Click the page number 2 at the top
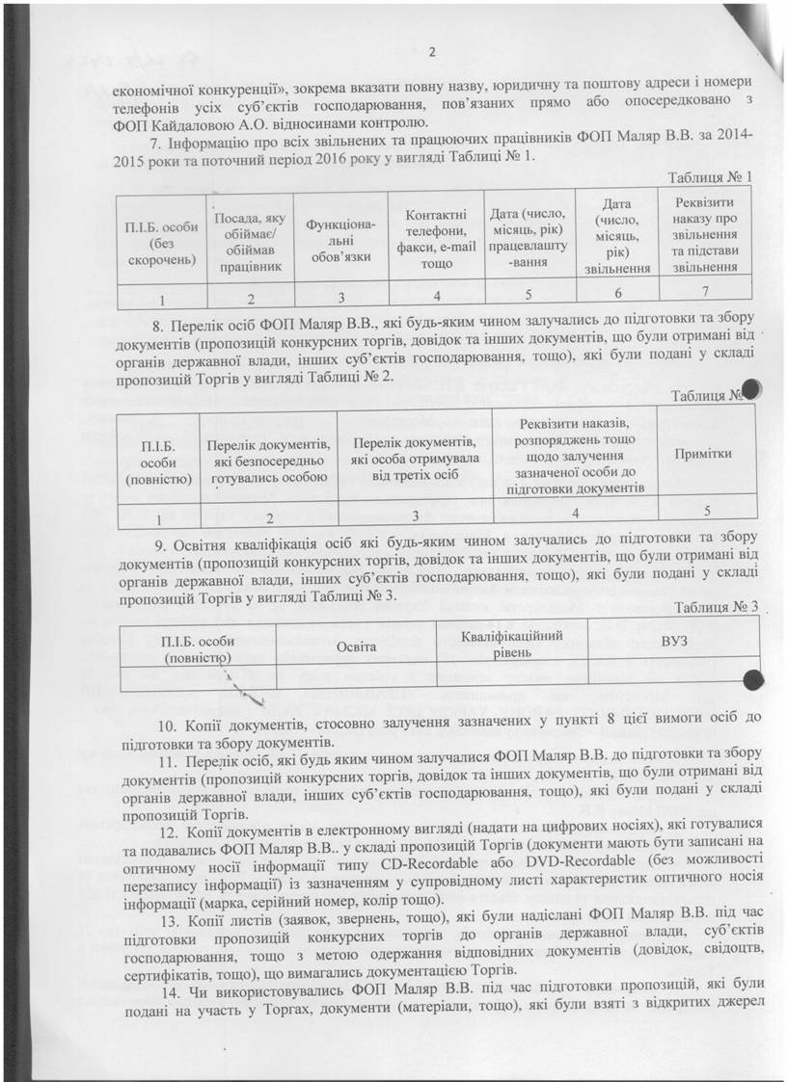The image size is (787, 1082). [x=433, y=52]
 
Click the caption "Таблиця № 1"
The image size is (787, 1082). [x=710, y=177]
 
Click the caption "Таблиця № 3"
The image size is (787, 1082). [x=717, y=607]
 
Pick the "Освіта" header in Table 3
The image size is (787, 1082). [x=356, y=645]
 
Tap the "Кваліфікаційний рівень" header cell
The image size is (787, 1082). [x=511, y=642]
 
